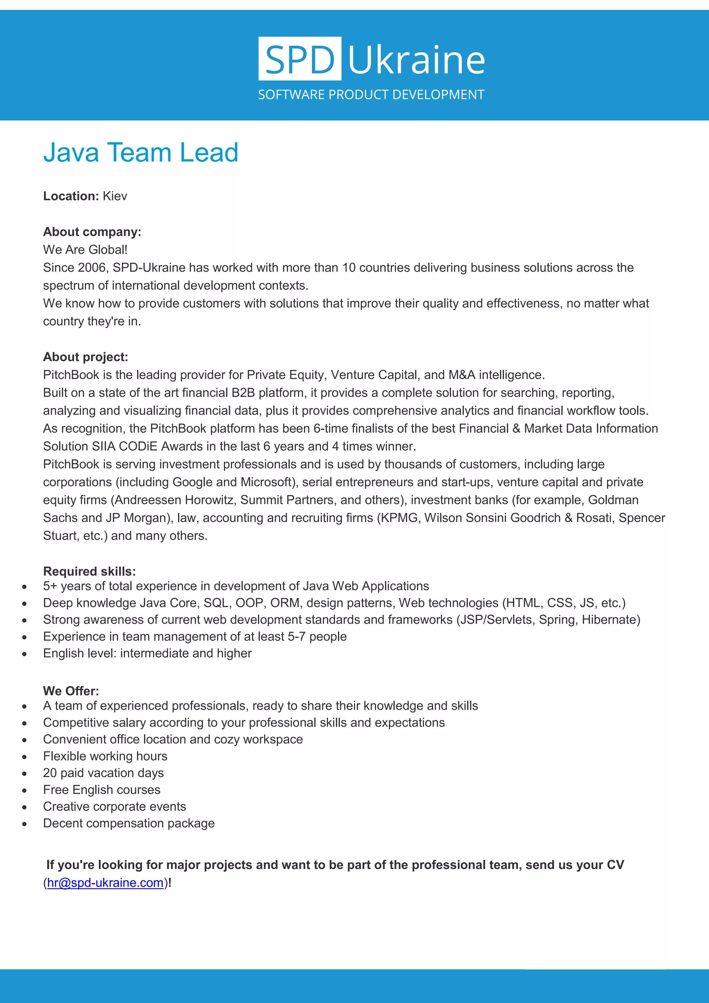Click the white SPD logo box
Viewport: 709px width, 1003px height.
[x=299, y=59]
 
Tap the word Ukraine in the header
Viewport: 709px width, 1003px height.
[x=416, y=60]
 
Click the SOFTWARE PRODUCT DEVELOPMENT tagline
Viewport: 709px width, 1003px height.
[x=371, y=95]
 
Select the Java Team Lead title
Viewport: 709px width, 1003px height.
[x=141, y=152]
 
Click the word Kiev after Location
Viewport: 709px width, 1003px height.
[x=115, y=196]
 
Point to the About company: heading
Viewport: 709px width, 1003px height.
[x=92, y=232]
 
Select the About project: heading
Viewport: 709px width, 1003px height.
[x=86, y=357]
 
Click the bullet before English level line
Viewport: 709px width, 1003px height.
[x=25, y=654]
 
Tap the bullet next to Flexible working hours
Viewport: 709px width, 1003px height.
[x=25, y=757]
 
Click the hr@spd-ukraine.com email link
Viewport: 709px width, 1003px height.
[x=105, y=882]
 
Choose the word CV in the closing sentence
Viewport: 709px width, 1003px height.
[x=615, y=864]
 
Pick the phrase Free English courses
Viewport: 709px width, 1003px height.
[x=102, y=789]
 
